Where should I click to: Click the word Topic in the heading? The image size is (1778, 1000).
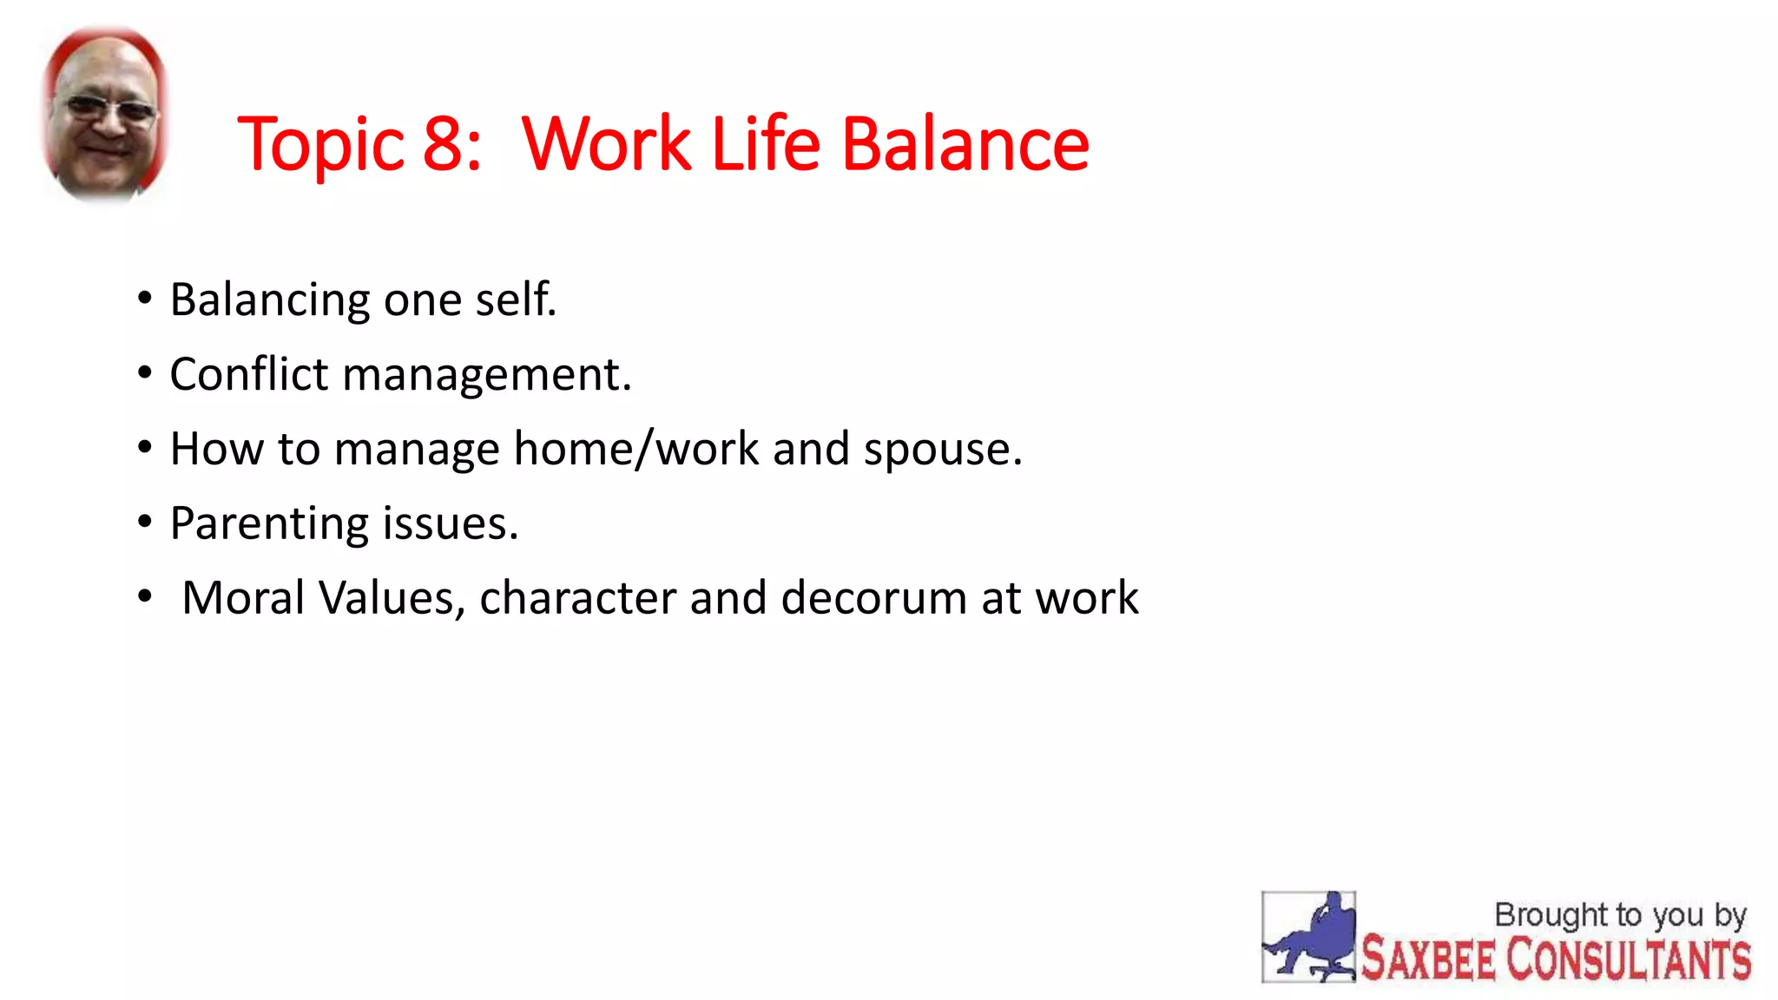click(320, 146)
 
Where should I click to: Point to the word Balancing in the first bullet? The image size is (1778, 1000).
click(270, 301)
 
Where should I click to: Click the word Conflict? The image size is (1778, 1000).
click(248, 374)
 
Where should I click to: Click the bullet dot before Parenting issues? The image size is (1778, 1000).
click(145, 523)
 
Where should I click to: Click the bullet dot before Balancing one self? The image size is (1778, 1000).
click(145, 299)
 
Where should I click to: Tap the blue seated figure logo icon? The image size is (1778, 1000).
click(1308, 937)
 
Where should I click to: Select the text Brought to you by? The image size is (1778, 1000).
click(1619, 915)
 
